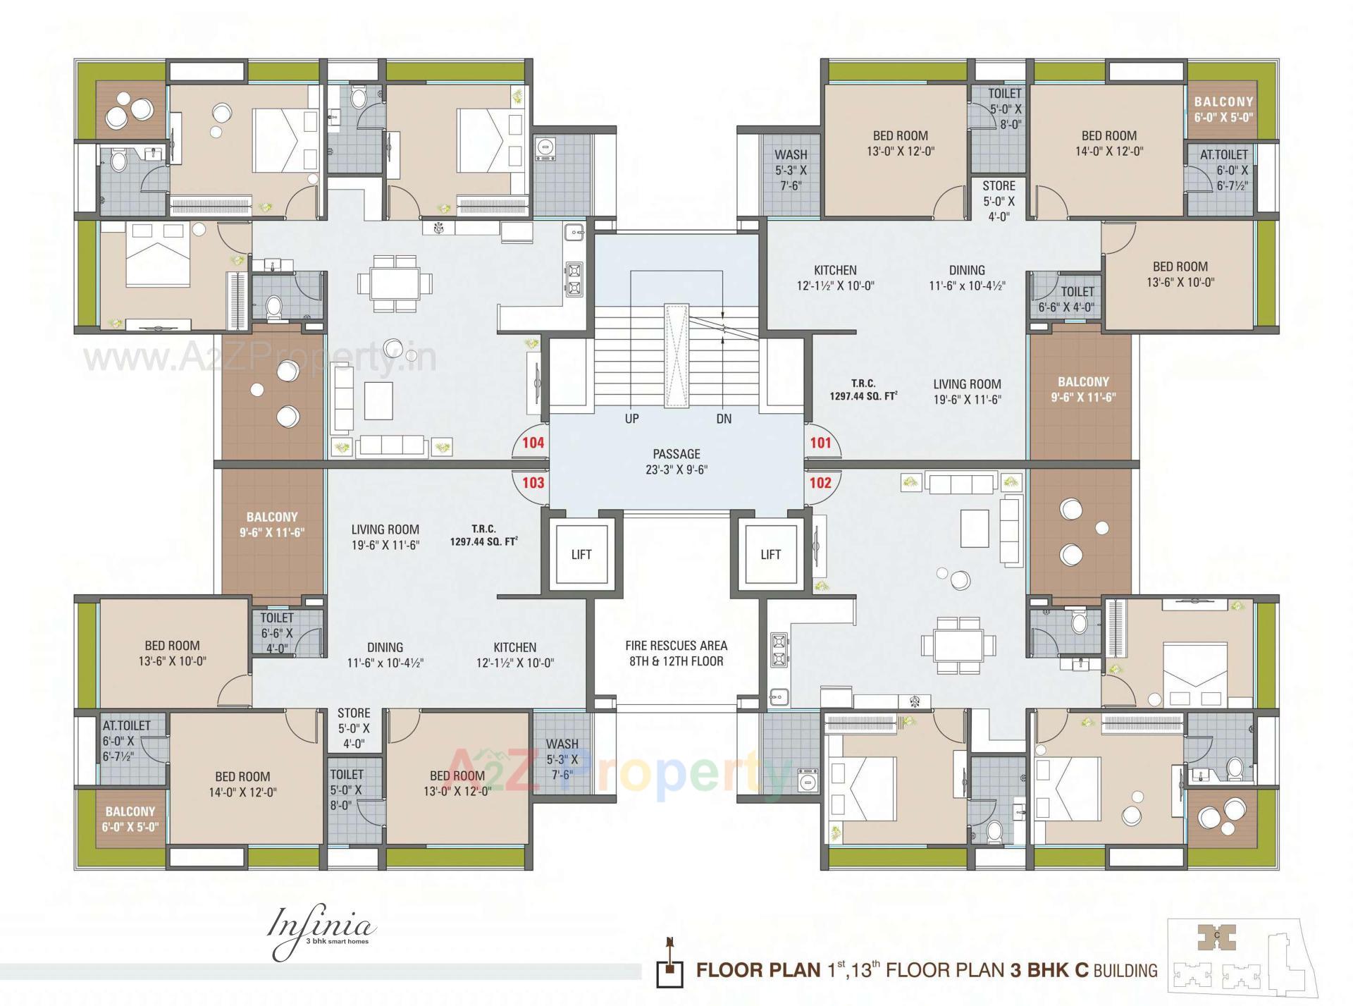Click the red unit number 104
[x=533, y=443]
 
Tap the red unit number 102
[x=820, y=483]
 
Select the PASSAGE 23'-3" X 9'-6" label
[x=676, y=462]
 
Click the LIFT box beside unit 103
[x=581, y=555]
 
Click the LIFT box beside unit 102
[x=770, y=555]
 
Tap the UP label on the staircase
[x=632, y=419]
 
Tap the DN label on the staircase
[x=724, y=419]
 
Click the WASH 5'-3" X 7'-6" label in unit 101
[x=791, y=170]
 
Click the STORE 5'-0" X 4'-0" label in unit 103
[x=354, y=728]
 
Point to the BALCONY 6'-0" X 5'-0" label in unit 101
[x=1223, y=110]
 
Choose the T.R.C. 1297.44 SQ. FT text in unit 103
[x=483, y=535]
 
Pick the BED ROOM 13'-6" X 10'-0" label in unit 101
[x=1180, y=274]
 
